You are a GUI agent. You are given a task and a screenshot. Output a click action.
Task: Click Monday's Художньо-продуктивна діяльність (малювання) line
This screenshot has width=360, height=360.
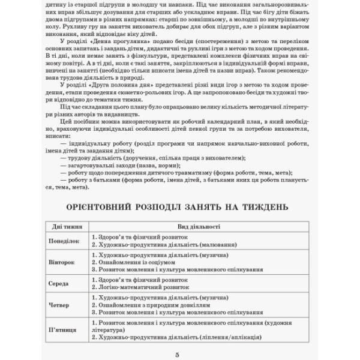pyautogui.click(x=158, y=245)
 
